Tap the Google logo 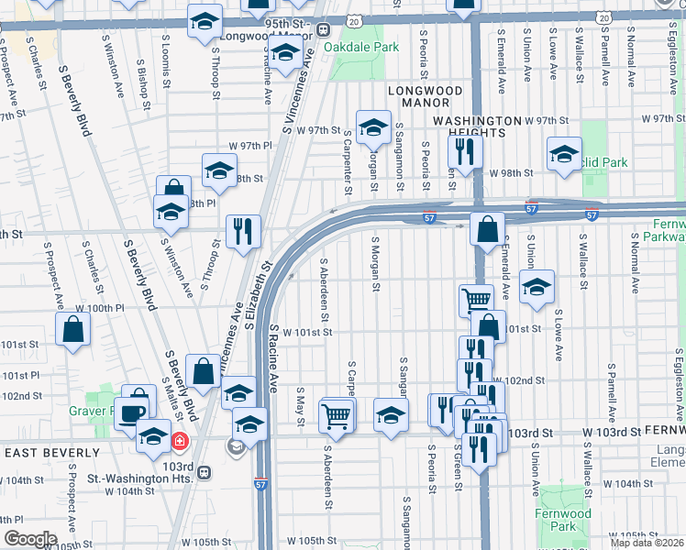pyautogui.click(x=30, y=539)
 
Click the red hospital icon pyautogui.click(x=180, y=442)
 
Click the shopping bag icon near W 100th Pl pyautogui.click(x=72, y=329)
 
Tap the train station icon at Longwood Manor pyautogui.click(x=324, y=29)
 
